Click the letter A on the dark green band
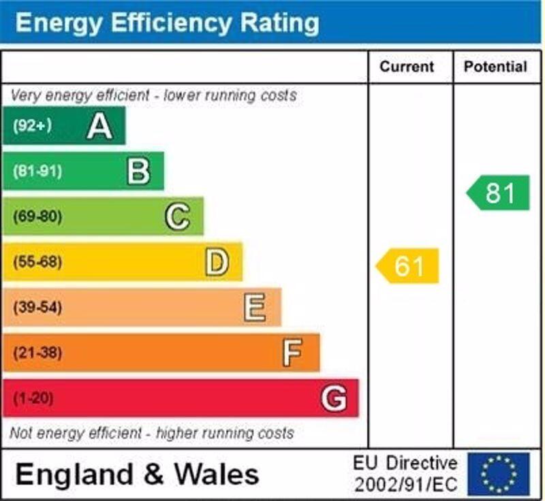coord(99,126)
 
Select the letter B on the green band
coord(138,172)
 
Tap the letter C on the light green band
coord(177,217)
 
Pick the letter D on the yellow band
coord(217,262)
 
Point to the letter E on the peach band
coord(255,308)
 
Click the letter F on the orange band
coord(292,353)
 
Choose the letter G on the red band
coord(334,398)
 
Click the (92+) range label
coord(32,126)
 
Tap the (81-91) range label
coord(37,172)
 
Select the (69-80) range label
coord(37,217)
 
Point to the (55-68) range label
coord(37,262)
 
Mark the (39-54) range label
coord(37,308)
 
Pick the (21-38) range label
coord(37,353)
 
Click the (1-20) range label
coord(33,398)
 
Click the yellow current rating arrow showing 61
coord(408,266)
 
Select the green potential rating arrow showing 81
coord(499,193)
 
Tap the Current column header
coord(407,67)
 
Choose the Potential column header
coord(495,67)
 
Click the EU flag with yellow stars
coord(499,474)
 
